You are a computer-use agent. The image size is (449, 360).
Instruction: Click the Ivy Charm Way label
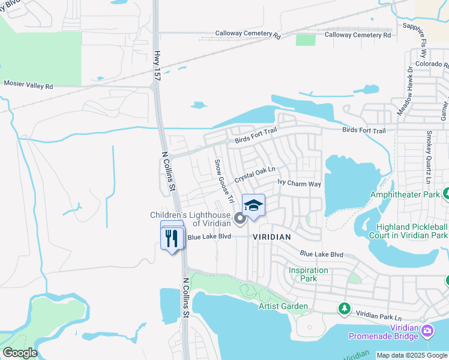[x=299, y=183]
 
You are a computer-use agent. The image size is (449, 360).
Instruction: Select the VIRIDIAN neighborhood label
[x=272, y=237]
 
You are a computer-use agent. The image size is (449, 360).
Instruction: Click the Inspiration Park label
[x=308, y=274]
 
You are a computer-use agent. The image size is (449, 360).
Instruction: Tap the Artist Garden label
[x=283, y=307]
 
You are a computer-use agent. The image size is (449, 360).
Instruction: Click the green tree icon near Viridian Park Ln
[x=344, y=308]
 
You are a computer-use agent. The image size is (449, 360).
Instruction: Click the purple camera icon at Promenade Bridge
[x=427, y=331]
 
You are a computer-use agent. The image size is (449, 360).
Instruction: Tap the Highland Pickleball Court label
[x=412, y=231]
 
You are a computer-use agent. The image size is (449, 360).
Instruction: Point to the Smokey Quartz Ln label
[x=429, y=157]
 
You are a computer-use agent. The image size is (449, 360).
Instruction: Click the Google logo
[x=19, y=353]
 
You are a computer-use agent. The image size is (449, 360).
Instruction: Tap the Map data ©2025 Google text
[x=412, y=355]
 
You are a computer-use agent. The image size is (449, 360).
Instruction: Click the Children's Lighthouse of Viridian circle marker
[x=240, y=219]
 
